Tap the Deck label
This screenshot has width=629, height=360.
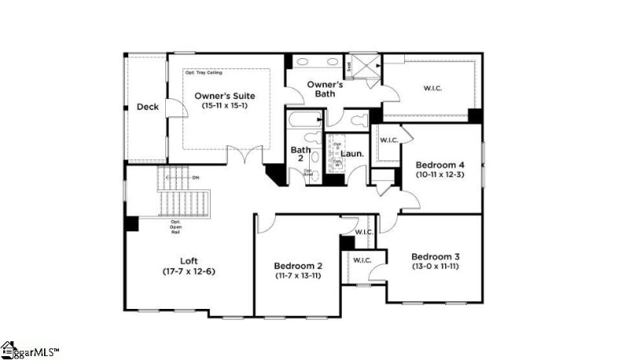[147, 107]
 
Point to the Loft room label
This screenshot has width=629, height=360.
[188, 261]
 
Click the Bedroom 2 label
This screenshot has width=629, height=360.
[298, 266]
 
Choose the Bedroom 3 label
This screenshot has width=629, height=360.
[435, 257]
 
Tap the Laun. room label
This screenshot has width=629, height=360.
[351, 154]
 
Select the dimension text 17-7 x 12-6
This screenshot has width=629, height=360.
[188, 271]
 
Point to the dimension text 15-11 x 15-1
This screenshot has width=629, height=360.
[225, 105]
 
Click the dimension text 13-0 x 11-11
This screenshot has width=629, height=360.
[435, 267]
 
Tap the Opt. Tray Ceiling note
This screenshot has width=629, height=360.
[204, 73]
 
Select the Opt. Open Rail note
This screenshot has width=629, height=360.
[175, 227]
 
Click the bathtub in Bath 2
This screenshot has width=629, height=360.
[303, 122]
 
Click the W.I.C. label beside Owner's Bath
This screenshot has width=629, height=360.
[432, 88]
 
